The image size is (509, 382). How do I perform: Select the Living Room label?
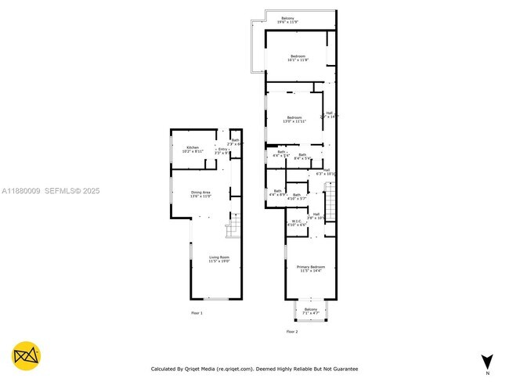pos(218,258)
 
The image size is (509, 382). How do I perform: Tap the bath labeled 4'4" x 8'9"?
pos(277,192)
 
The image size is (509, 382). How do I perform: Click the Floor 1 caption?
pos(197,313)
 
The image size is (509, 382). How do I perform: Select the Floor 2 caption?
pos(292,332)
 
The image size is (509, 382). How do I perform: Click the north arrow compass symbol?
pos(487,361)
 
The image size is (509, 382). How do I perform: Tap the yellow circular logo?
pos(27,356)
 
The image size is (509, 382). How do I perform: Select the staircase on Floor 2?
pos(329,202)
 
